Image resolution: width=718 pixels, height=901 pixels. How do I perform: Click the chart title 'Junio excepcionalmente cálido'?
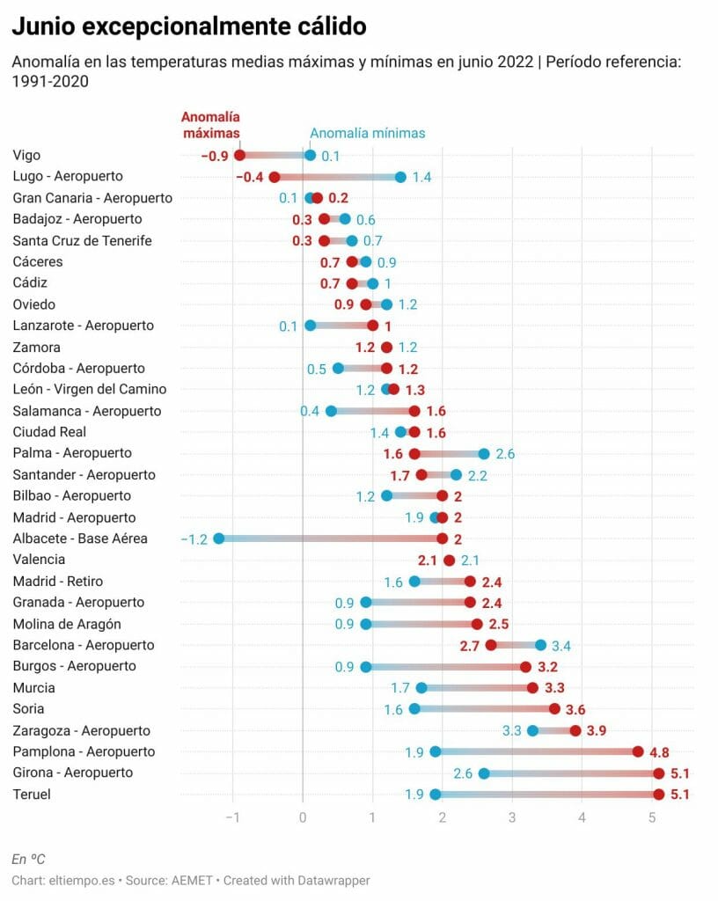point(188,27)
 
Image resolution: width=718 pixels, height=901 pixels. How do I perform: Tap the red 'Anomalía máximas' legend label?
point(210,125)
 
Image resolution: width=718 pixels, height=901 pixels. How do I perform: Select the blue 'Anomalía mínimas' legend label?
point(367,134)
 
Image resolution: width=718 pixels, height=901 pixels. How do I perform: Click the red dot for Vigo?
point(239,156)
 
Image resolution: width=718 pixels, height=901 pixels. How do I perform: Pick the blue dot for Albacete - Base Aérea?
point(219,538)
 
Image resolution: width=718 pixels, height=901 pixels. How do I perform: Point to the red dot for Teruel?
point(659,795)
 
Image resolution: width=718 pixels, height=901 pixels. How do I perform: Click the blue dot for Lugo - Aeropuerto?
point(400,177)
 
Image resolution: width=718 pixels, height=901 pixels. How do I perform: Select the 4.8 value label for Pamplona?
point(659,752)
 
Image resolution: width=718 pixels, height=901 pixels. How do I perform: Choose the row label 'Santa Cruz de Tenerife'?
point(82,240)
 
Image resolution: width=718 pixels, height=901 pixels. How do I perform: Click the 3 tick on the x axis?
point(512,817)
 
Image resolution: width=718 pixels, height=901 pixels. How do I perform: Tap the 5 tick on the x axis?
point(652,817)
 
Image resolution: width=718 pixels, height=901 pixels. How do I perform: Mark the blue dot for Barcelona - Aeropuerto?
point(540,645)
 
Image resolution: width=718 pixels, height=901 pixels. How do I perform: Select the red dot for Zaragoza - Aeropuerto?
point(575,730)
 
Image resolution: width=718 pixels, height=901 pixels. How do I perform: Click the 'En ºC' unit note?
point(28,859)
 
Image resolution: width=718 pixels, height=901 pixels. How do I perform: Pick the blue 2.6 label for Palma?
point(505,454)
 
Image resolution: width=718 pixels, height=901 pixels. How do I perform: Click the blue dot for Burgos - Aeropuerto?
point(366,667)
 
